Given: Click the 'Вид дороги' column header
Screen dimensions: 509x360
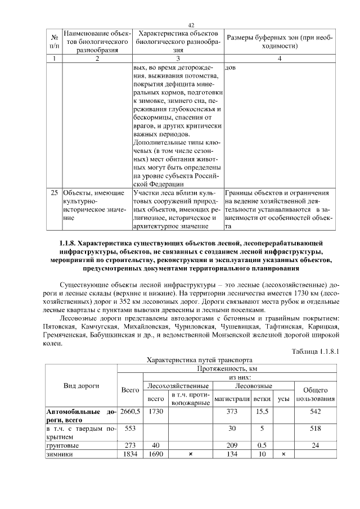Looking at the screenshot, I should pos(80,386).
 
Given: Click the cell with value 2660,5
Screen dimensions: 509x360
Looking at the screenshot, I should pos(130,412).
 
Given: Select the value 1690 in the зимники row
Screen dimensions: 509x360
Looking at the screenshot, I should pos(155,454).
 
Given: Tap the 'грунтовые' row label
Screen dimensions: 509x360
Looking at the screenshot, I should pos(62,445).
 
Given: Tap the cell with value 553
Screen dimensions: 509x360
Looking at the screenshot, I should pos(130,429).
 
